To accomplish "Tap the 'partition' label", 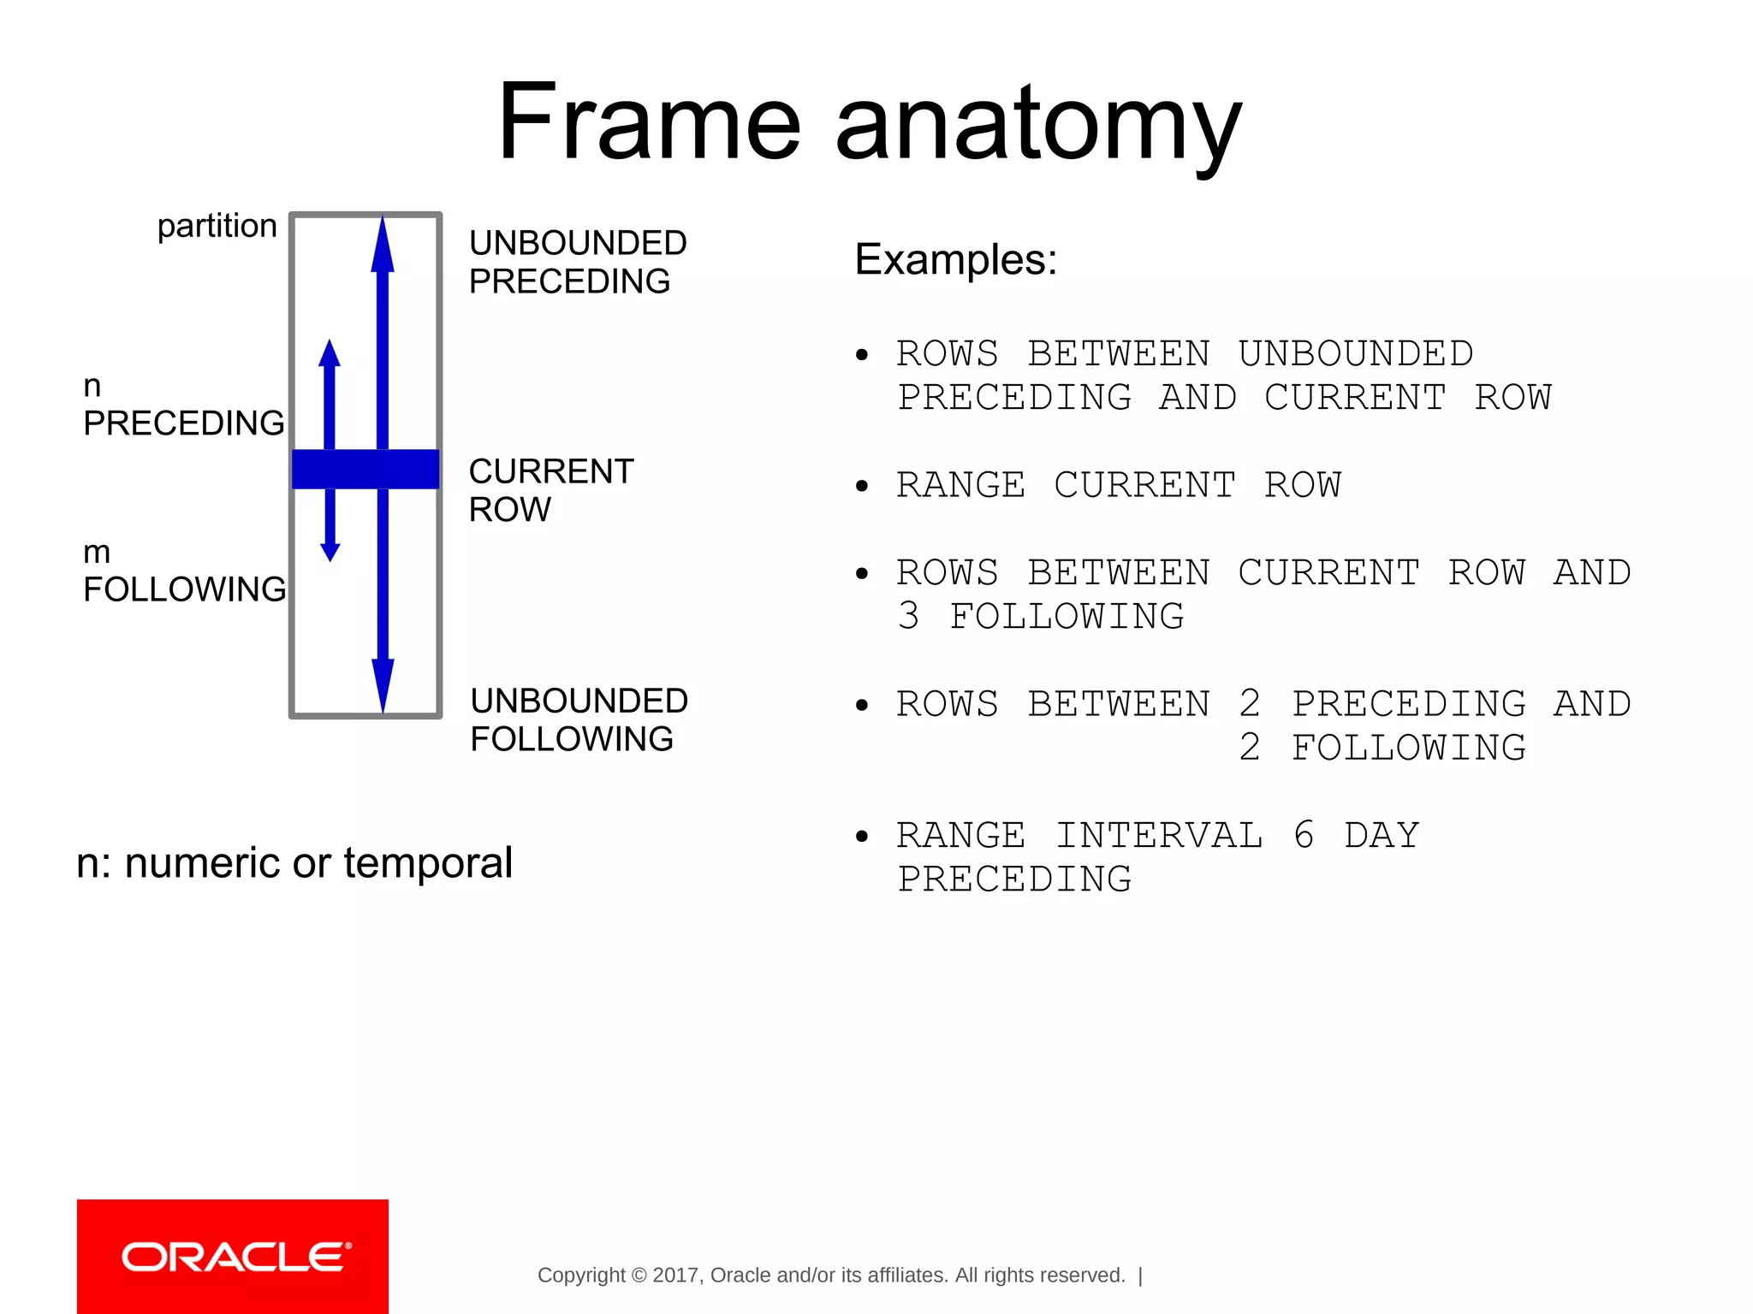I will point(217,226).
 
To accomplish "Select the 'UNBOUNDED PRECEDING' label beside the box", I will point(577,262).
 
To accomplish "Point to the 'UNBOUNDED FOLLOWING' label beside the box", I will point(579,719).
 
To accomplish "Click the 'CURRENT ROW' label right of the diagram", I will point(550,490).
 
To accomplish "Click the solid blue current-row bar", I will point(365,469).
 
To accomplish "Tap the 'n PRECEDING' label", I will point(183,405).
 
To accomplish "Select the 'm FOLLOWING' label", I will point(184,571).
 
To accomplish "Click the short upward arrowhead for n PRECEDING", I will point(330,353).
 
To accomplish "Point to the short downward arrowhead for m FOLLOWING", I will point(330,551).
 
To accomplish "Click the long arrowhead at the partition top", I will point(383,244).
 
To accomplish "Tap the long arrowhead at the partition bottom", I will point(383,684).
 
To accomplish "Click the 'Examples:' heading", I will point(955,259).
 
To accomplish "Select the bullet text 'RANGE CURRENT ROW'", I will point(1118,485).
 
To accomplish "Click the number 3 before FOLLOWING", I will point(908,616).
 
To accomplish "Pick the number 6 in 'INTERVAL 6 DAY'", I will point(1304,835).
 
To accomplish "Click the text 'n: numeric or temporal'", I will point(294,862).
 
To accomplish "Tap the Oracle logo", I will point(233,1256).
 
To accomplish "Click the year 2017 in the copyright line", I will point(675,1276).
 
